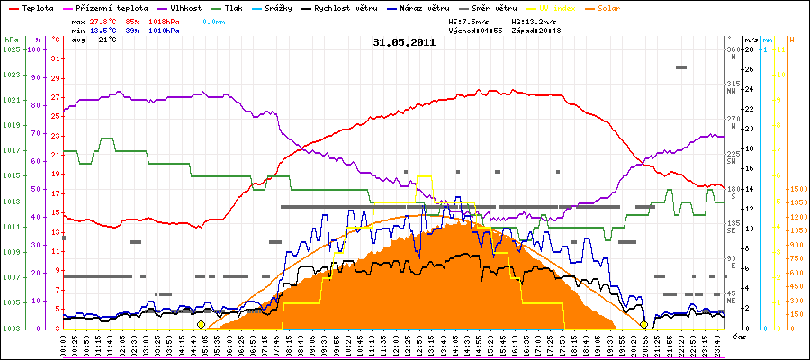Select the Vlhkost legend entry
click(x=178, y=7)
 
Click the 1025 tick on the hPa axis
click(x=11, y=49)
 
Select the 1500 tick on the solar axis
click(x=796, y=189)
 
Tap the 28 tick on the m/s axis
click(x=750, y=49)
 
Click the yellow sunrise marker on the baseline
click(x=201, y=324)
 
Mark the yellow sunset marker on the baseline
click(x=643, y=324)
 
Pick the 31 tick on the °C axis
click(x=56, y=58)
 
